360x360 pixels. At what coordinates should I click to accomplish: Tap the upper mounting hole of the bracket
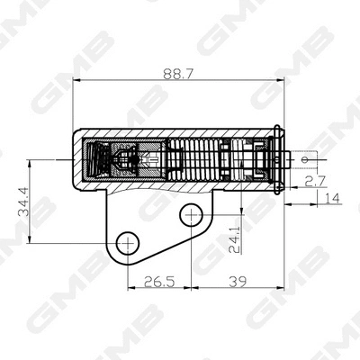(190, 214)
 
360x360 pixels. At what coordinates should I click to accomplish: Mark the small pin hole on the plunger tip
(306, 160)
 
